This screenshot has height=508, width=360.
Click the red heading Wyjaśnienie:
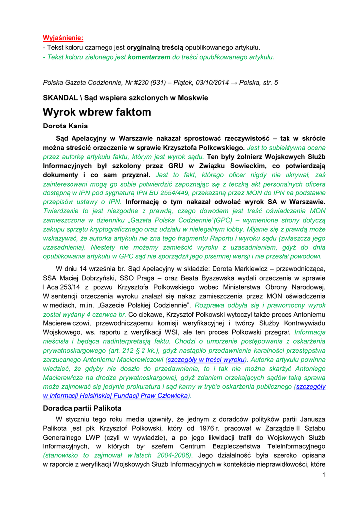(63, 38)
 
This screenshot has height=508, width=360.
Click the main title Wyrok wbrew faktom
(97, 112)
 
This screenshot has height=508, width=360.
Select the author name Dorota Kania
(66, 126)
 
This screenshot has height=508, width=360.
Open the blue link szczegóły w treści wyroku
(206, 360)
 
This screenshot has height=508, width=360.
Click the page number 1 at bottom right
(323, 475)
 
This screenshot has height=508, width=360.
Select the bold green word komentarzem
(149, 57)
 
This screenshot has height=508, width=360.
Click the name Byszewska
(215, 278)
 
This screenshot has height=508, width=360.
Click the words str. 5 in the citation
(270, 83)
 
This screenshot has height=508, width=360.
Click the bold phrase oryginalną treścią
(155, 48)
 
